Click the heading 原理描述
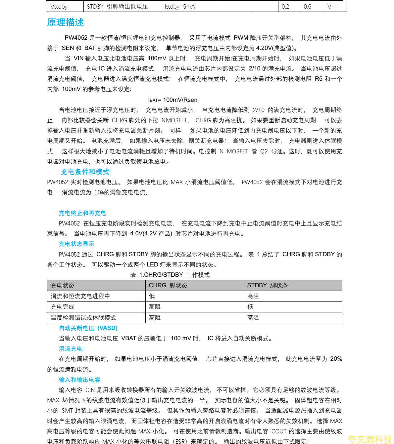(65, 22)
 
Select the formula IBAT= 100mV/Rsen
(172, 100)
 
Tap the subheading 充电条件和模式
(85, 172)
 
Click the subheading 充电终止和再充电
(82, 213)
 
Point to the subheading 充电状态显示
(76, 244)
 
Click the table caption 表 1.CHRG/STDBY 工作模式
(170, 275)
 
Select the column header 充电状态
(63, 286)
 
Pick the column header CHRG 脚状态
(168, 286)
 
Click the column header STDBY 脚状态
(267, 286)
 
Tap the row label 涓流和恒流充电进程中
(80, 296)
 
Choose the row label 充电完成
(63, 307)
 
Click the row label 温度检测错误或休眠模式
(83, 318)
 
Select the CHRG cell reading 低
(152, 296)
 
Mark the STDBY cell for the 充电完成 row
(250, 307)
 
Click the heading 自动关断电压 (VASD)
(88, 328)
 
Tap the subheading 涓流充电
(71, 349)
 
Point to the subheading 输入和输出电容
(79, 380)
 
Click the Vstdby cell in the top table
(59, 7)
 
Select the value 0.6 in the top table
(308, 7)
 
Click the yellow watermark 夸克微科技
(369, 439)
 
